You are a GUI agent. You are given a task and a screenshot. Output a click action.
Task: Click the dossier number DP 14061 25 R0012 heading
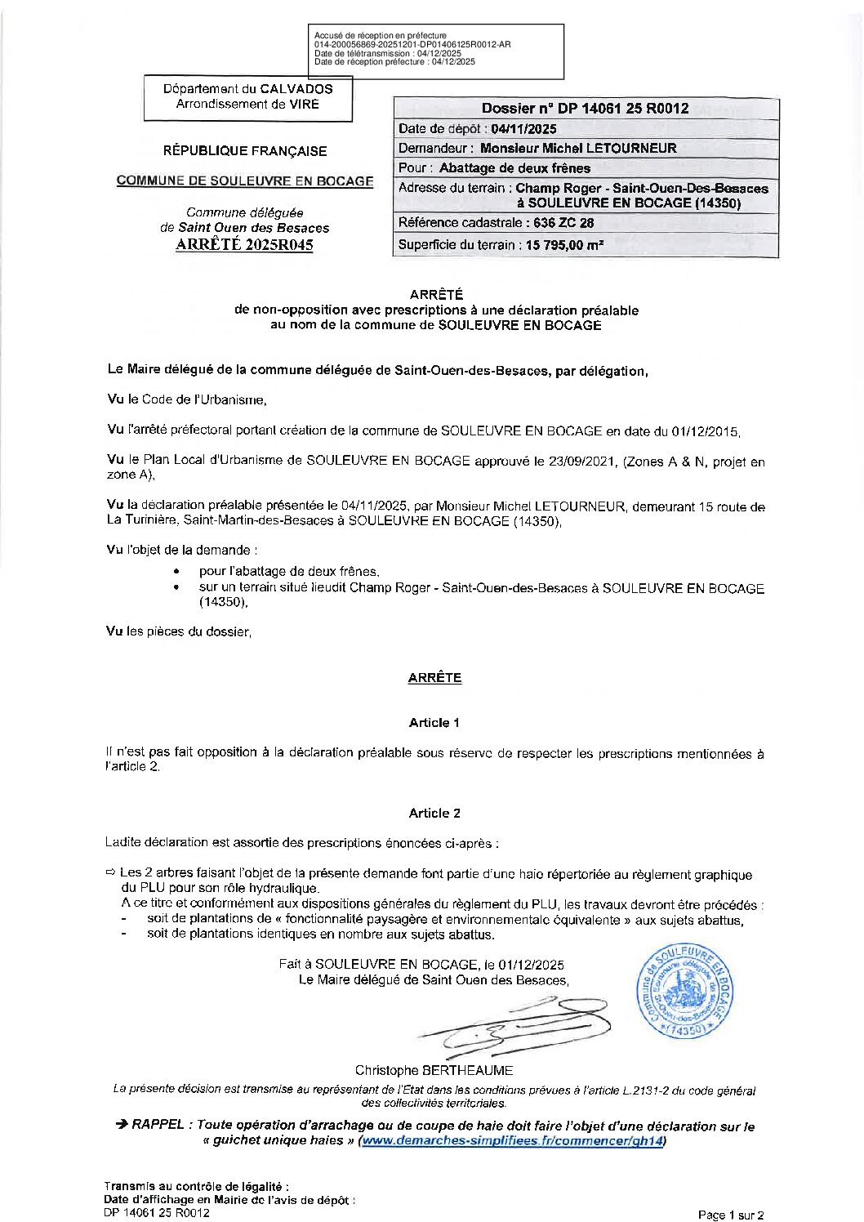pos(585,108)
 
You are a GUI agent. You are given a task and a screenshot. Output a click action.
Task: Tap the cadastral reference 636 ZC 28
pos(563,222)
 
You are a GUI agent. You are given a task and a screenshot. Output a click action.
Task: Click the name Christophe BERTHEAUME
pos(434,1070)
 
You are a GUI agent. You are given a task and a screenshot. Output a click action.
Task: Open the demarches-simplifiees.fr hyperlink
pos(512,1141)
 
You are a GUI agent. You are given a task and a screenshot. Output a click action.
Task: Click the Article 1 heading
pos(434,722)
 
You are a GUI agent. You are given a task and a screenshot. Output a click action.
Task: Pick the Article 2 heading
pos(434,813)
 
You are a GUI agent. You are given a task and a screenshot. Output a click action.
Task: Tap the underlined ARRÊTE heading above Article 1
pos(434,677)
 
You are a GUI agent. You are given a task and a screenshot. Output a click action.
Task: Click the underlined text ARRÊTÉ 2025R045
pos(244,245)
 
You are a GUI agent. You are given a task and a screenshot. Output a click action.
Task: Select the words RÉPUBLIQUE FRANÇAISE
pos(244,151)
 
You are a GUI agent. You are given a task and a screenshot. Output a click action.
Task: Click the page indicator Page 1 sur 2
pos(731,1215)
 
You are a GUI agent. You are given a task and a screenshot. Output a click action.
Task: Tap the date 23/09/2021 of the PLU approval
pos(584,461)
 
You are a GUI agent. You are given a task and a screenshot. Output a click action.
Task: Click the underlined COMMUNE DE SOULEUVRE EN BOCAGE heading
pos(244,181)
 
